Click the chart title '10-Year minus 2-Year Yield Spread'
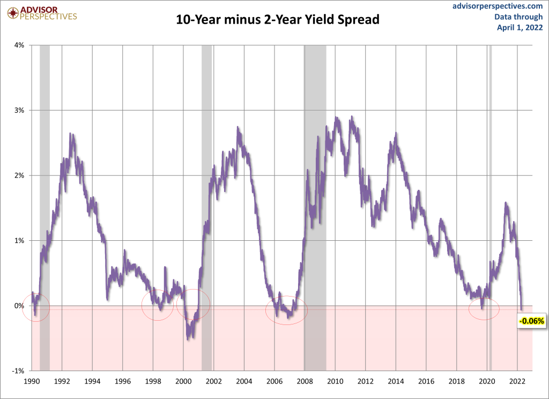point(278,20)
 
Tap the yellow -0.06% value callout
point(531,321)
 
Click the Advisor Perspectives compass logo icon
point(11,11)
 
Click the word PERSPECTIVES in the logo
point(48,17)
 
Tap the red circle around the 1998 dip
point(158,305)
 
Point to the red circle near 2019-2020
point(484,308)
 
